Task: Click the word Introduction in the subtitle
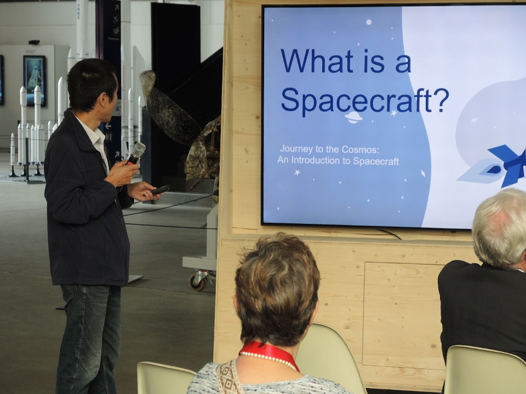pos(316,160)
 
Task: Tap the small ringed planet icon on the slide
pos(353,117)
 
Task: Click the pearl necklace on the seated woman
pos(268,360)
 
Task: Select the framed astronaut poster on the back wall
pos(34,80)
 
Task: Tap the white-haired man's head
pos(500,228)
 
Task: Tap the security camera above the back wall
pos(34,42)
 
